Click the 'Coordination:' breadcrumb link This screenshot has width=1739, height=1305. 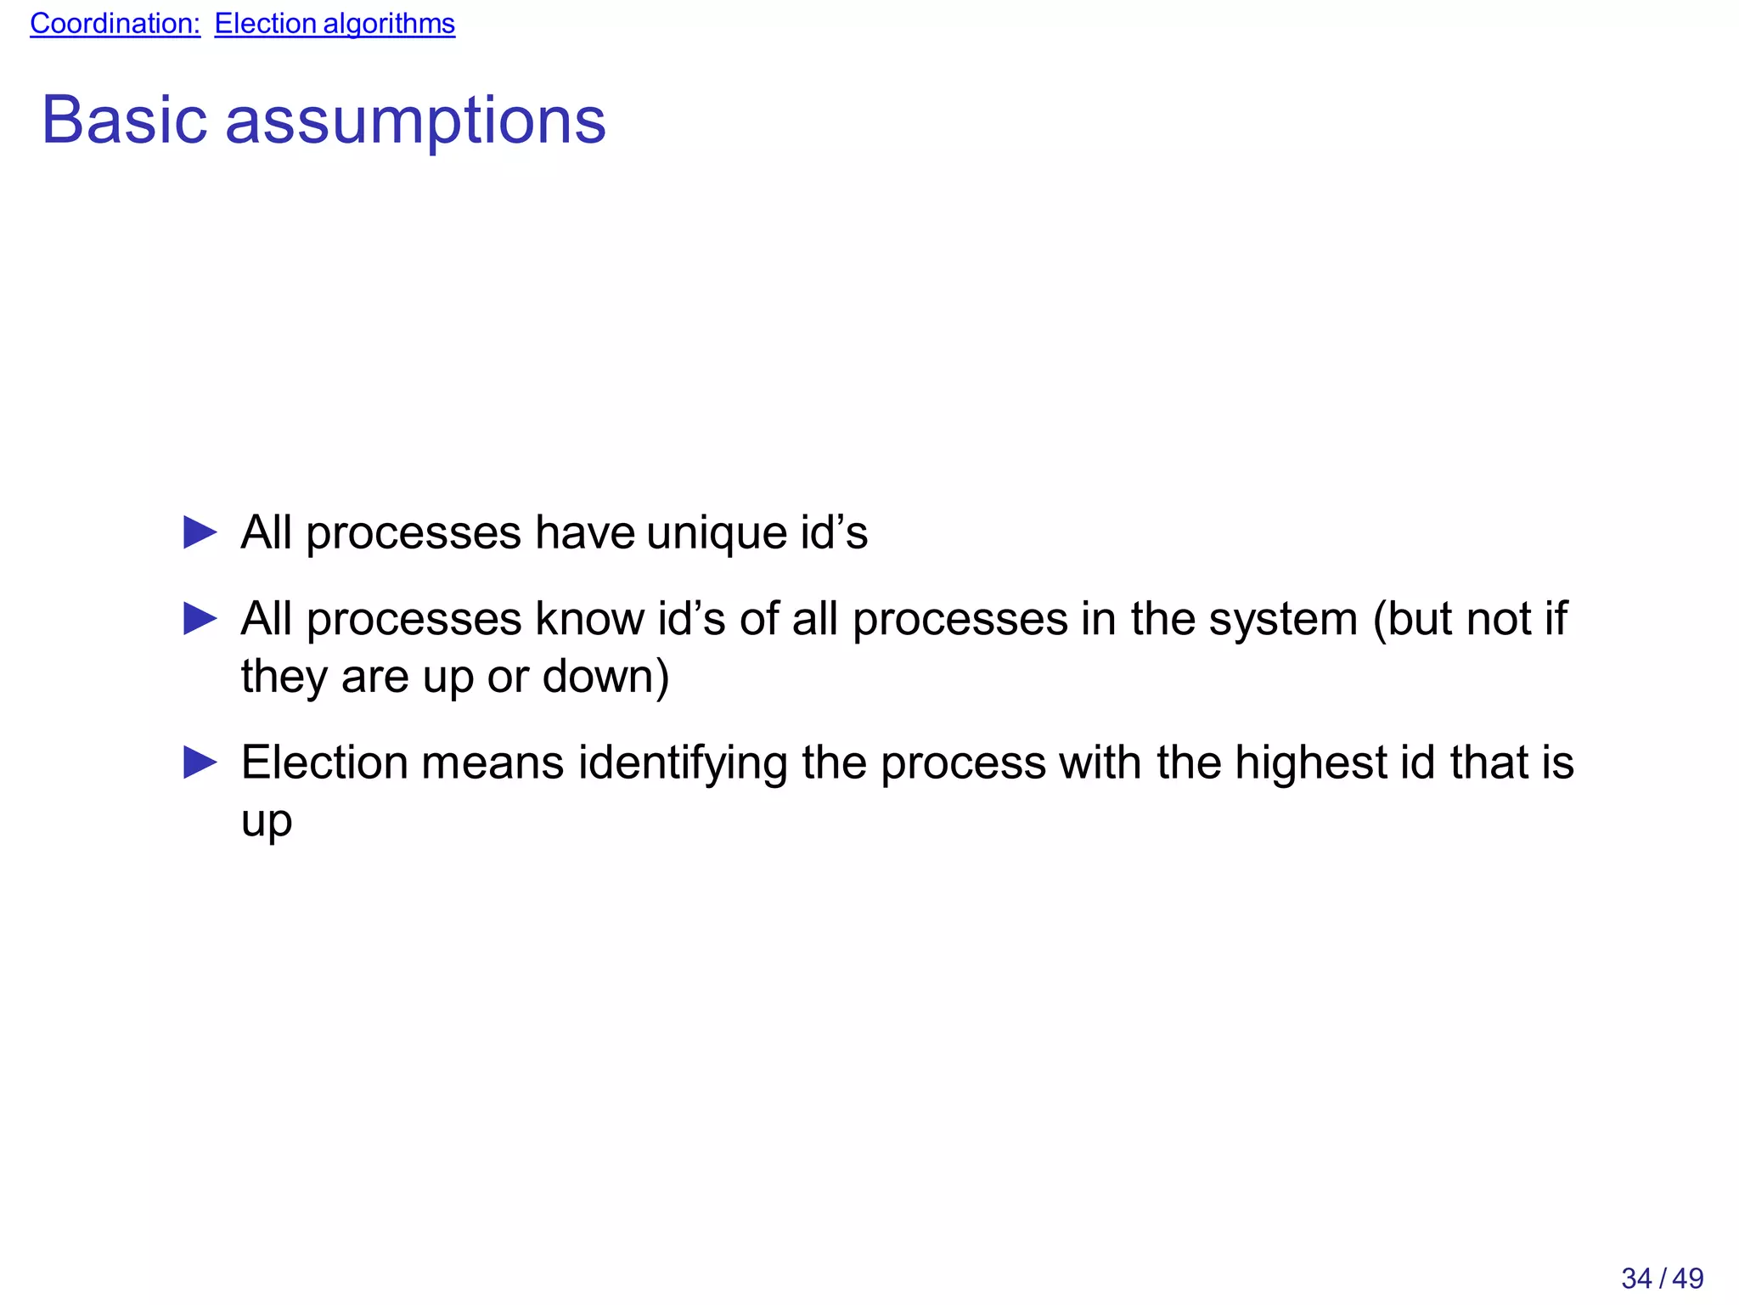pyautogui.click(x=115, y=24)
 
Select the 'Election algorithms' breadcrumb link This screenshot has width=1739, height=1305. pyautogui.click(x=335, y=24)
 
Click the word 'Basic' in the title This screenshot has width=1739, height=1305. pyautogui.click(x=124, y=120)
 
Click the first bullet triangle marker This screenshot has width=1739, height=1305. pyautogui.click(x=200, y=533)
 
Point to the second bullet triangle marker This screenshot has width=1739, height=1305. pyautogui.click(x=200, y=619)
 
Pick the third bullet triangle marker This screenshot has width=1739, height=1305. pyautogui.click(x=200, y=762)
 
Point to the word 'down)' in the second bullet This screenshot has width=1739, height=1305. pyautogui.click(x=605, y=677)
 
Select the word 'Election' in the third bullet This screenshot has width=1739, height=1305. pyautogui.click(x=324, y=762)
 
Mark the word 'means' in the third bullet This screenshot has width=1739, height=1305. pyautogui.click(x=492, y=763)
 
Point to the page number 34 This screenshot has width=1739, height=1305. pyautogui.click(x=1636, y=1278)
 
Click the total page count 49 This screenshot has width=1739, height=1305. pyautogui.click(x=1688, y=1278)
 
